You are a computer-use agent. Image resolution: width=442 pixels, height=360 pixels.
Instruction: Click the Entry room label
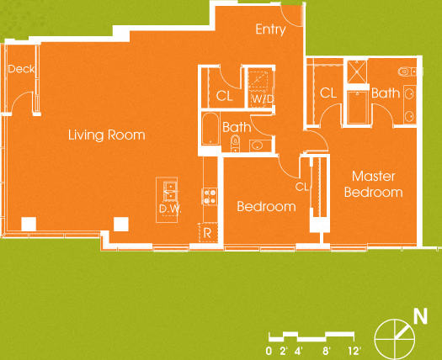[x=270, y=29]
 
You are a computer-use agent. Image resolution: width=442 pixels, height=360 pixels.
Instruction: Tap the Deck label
[x=20, y=69]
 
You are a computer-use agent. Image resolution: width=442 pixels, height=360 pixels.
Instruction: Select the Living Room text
[x=106, y=135]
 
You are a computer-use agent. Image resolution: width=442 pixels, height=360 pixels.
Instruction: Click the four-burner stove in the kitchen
[x=209, y=196]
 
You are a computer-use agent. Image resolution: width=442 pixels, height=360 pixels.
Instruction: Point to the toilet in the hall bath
[x=237, y=145]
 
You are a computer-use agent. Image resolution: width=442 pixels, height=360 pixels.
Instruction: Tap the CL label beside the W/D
[x=223, y=96]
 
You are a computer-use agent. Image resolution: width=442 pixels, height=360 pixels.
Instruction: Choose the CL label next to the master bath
[x=328, y=93]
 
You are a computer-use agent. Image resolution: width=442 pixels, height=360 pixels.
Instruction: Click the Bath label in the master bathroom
[x=385, y=93]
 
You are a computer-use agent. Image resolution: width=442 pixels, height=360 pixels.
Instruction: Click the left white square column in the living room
[x=29, y=223]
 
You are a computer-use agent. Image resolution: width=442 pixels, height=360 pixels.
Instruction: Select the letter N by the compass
[x=418, y=317]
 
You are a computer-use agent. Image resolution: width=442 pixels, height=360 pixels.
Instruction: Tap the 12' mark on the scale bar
[x=354, y=350]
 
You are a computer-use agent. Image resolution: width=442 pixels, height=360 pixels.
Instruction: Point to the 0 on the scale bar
[x=269, y=350]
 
